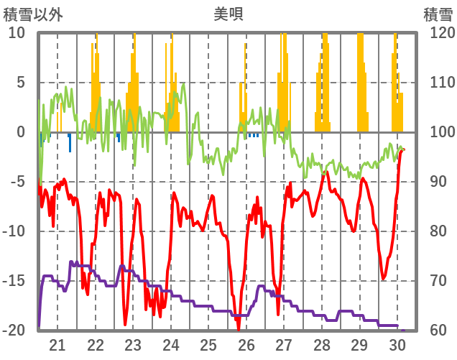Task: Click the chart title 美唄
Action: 228,14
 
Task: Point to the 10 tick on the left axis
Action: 17,33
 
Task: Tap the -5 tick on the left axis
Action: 17,181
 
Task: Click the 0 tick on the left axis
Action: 20,132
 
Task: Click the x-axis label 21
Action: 58,344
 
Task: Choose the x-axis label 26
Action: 246,344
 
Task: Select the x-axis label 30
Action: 397,344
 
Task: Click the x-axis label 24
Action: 171,344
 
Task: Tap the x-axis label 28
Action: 322,344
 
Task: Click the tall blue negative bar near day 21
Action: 70,142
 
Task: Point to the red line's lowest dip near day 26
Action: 239,328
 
